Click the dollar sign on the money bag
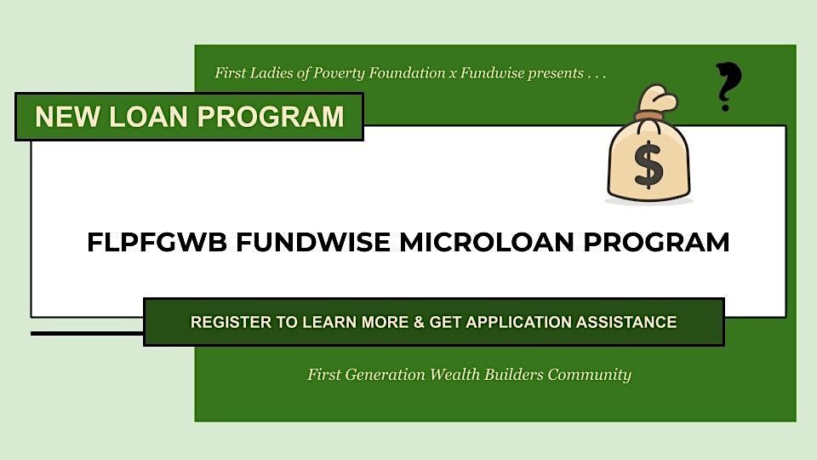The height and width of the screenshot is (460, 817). tap(648, 164)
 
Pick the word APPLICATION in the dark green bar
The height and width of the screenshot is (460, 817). tap(521, 322)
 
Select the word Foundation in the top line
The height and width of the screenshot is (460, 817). tap(403, 74)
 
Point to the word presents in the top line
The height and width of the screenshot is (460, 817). tap(552, 74)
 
